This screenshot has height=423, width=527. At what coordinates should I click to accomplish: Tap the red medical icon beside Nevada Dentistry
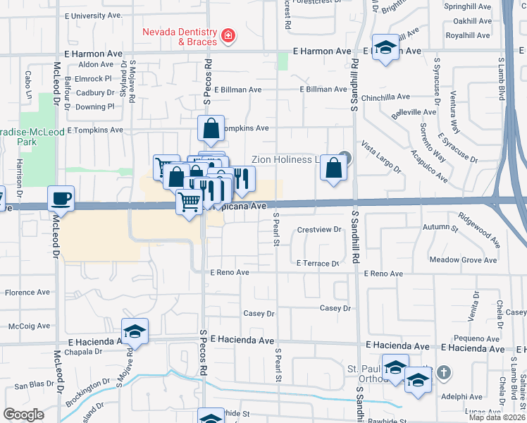[x=228, y=35]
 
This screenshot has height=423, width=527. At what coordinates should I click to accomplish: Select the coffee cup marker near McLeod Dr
[x=61, y=198]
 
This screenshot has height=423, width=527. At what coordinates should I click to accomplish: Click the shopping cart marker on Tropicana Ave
[x=189, y=202]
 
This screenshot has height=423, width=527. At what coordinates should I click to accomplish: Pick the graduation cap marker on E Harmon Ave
[x=385, y=47]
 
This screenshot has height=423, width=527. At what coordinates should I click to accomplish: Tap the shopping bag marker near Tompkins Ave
[x=211, y=128]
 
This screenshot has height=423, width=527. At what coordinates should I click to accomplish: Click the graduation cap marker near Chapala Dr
[x=135, y=331]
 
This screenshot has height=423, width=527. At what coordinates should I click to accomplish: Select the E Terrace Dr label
[x=318, y=263]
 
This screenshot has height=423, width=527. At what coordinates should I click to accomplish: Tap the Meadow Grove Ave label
[x=464, y=260]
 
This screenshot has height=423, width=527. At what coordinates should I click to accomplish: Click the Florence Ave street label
[x=27, y=292]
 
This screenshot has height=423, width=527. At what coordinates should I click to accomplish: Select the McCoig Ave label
[x=29, y=326]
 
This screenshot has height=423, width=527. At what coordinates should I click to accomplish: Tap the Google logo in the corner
[x=23, y=415]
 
